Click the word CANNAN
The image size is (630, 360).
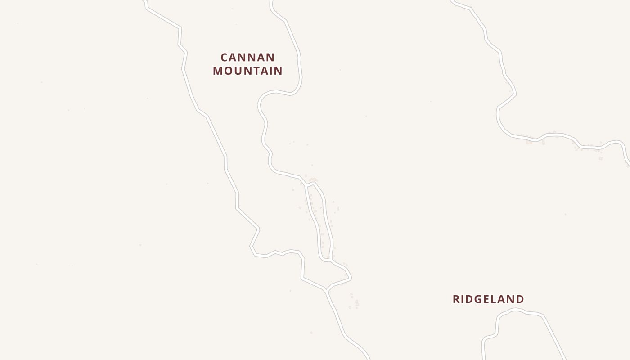(x=247, y=58)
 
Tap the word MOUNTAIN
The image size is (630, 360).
(x=247, y=71)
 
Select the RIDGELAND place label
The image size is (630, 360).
(x=488, y=299)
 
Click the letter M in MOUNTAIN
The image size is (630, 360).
(x=218, y=71)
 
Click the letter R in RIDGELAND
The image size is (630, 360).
(x=456, y=299)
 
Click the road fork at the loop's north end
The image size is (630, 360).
(x=306, y=184)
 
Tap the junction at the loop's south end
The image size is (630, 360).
(x=331, y=260)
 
